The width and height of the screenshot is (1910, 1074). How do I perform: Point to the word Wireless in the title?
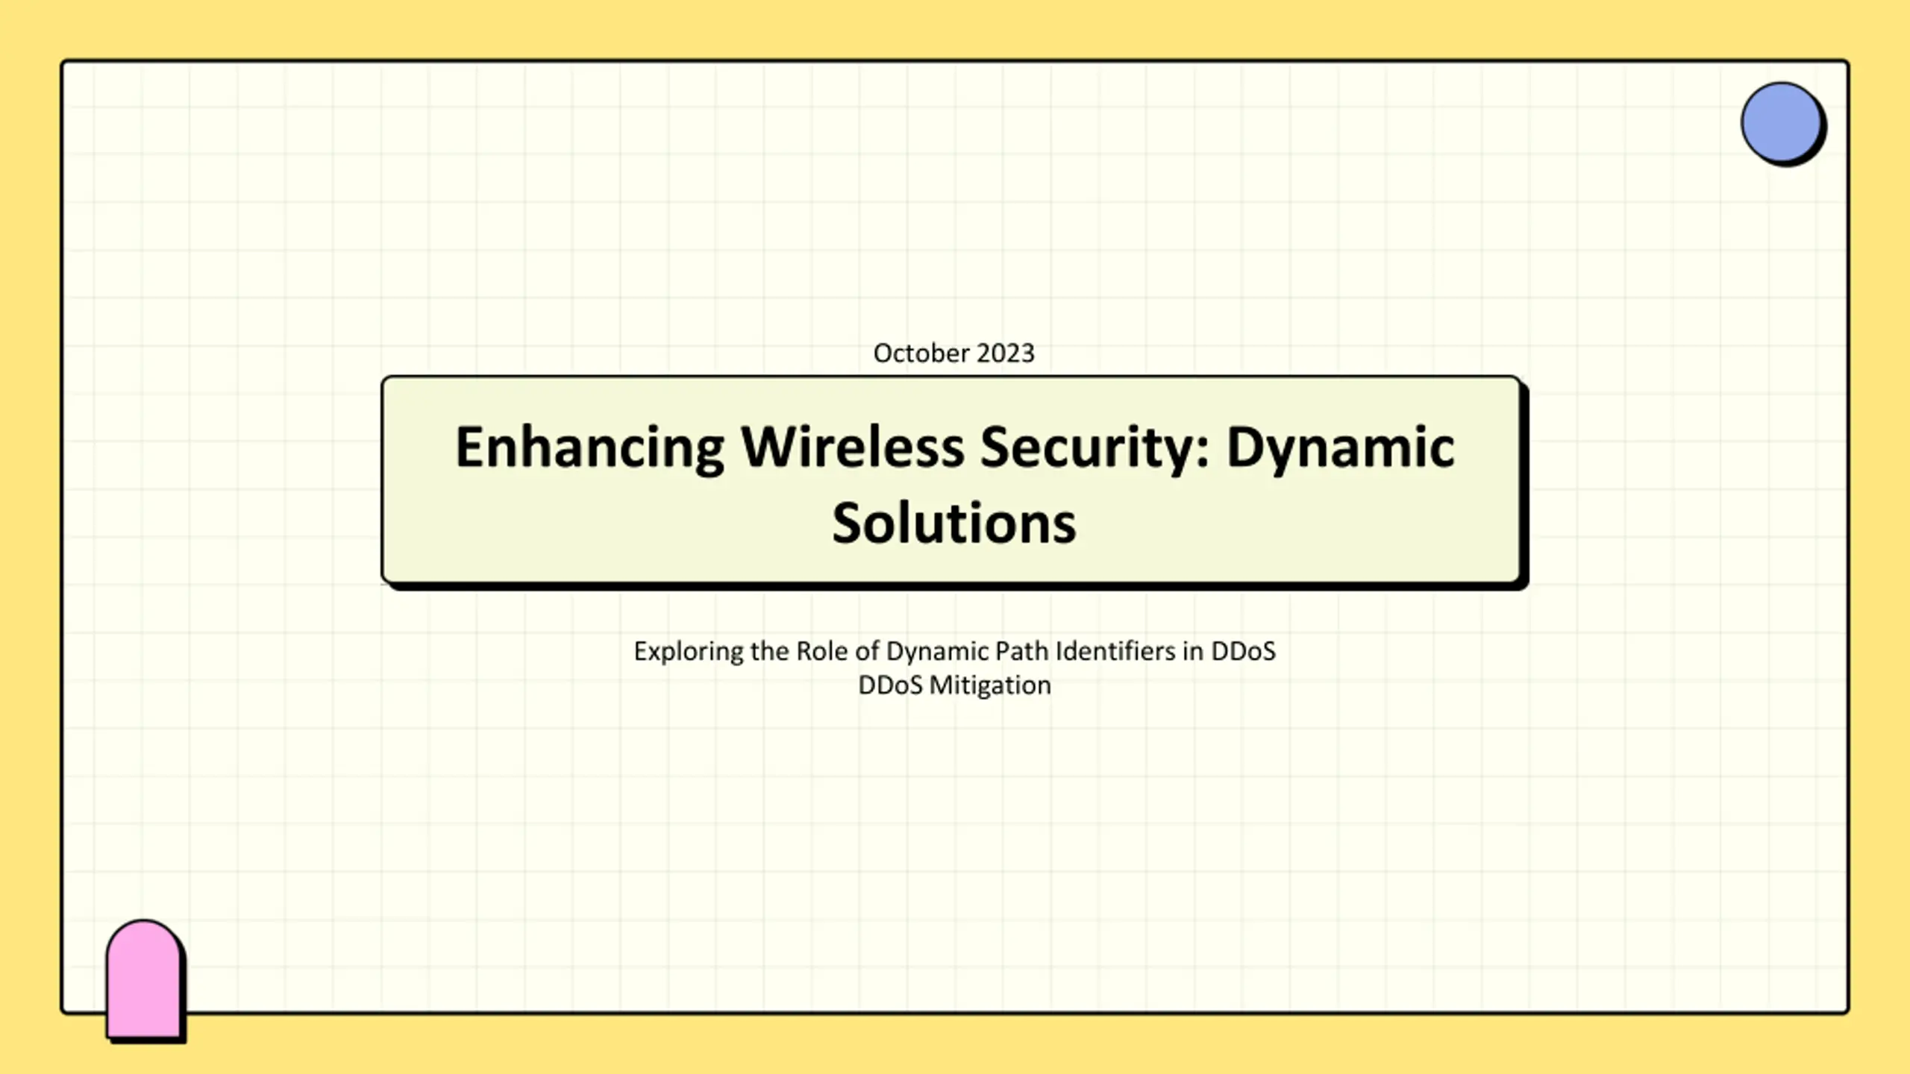(x=852, y=447)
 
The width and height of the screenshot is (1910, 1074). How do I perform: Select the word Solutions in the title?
(x=954, y=523)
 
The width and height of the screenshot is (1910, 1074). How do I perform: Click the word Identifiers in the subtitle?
(x=1115, y=651)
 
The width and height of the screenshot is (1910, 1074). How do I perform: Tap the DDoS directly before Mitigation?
(x=890, y=685)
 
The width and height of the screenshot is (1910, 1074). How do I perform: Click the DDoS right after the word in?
(x=1243, y=651)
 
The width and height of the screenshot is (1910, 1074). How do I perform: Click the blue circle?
(x=1782, y=123)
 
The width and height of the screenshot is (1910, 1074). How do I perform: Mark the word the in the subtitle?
(x=770, y=651)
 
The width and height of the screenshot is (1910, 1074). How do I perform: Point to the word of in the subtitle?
(x=867, y=651)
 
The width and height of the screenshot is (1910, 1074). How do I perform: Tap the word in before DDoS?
(x=1193, y=651)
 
